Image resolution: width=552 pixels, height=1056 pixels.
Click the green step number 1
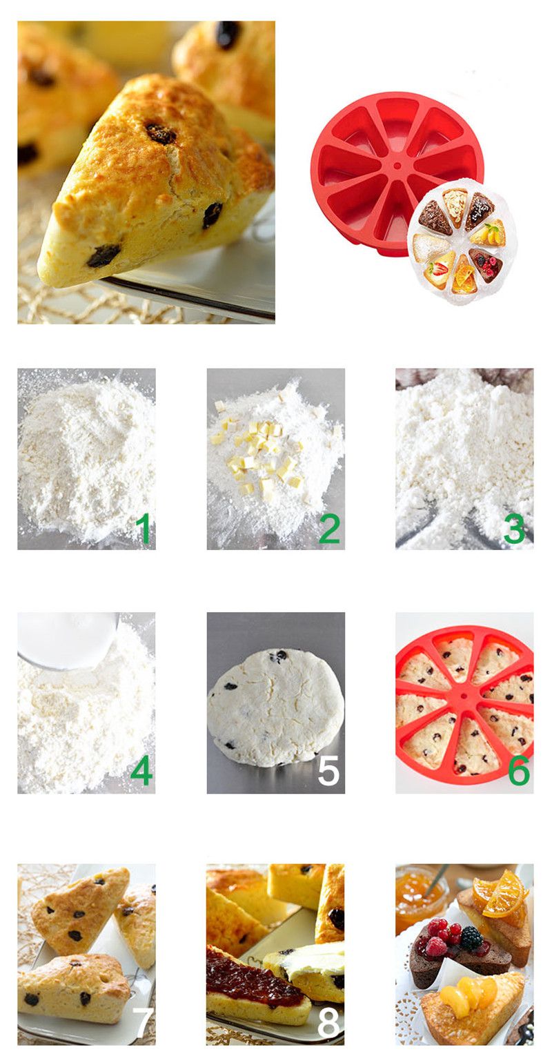(143, 529)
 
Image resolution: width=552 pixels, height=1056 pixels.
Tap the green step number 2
(329, 529)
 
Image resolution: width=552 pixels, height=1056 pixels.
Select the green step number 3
(514, 529)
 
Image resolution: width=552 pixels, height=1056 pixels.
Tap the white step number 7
(144, 1023)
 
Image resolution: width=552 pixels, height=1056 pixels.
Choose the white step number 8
(328, 1023)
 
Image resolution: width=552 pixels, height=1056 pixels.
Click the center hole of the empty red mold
(397, 166)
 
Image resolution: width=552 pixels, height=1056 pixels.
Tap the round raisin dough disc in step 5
(275, 703)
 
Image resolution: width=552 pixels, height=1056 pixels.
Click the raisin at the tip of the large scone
(103, 255)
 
